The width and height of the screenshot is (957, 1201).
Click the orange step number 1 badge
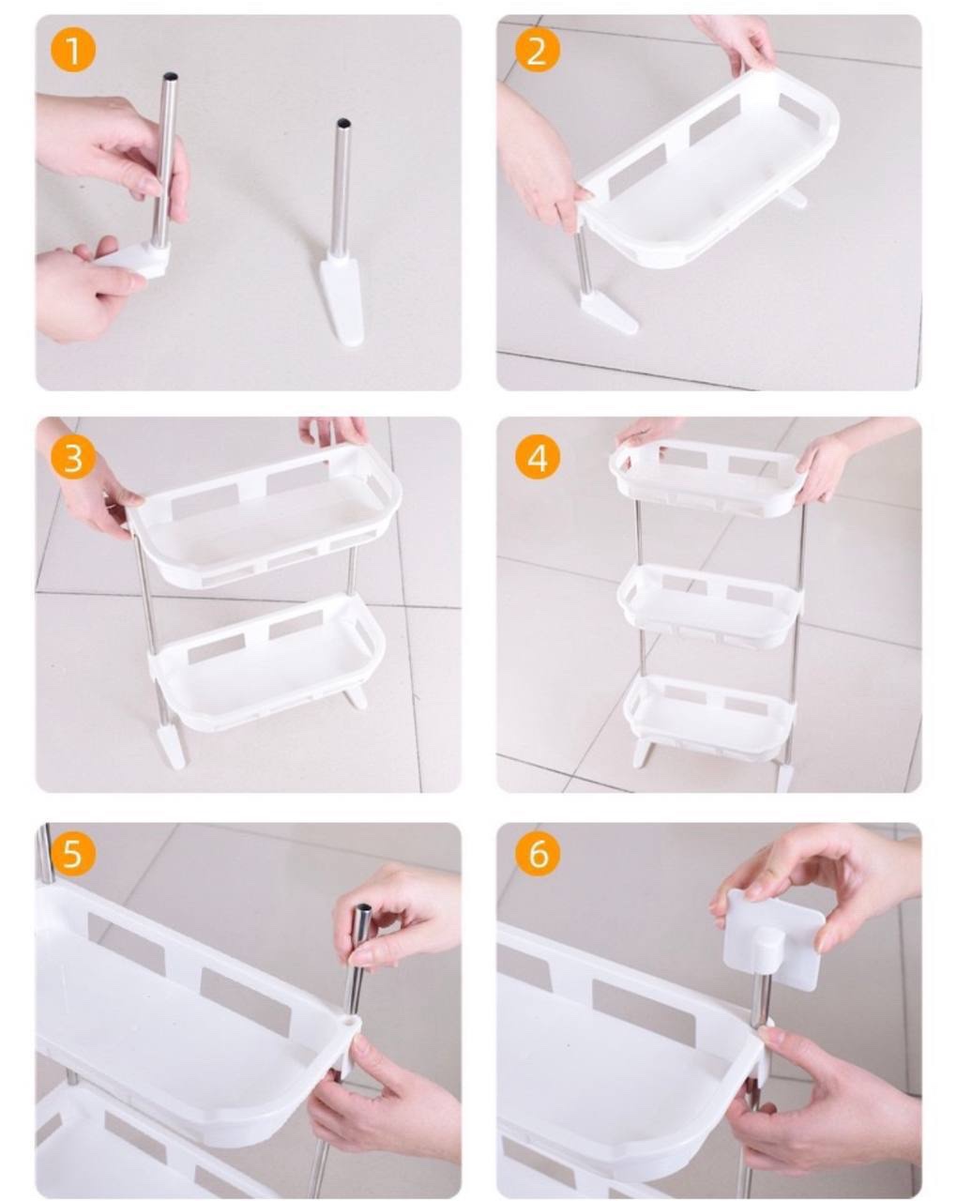tap(72, 49)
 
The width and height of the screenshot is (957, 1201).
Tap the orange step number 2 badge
tap(538, 49)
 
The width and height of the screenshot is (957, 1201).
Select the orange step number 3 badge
tap(72, 458)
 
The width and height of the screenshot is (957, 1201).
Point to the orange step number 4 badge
tap(538, 458)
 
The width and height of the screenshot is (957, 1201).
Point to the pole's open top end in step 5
tap(363, 908)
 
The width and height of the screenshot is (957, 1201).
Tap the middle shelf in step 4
tap(710, 605)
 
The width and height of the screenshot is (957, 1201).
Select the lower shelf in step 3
tap(266, 661)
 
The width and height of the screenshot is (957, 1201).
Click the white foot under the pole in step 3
tap(170, 744)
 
